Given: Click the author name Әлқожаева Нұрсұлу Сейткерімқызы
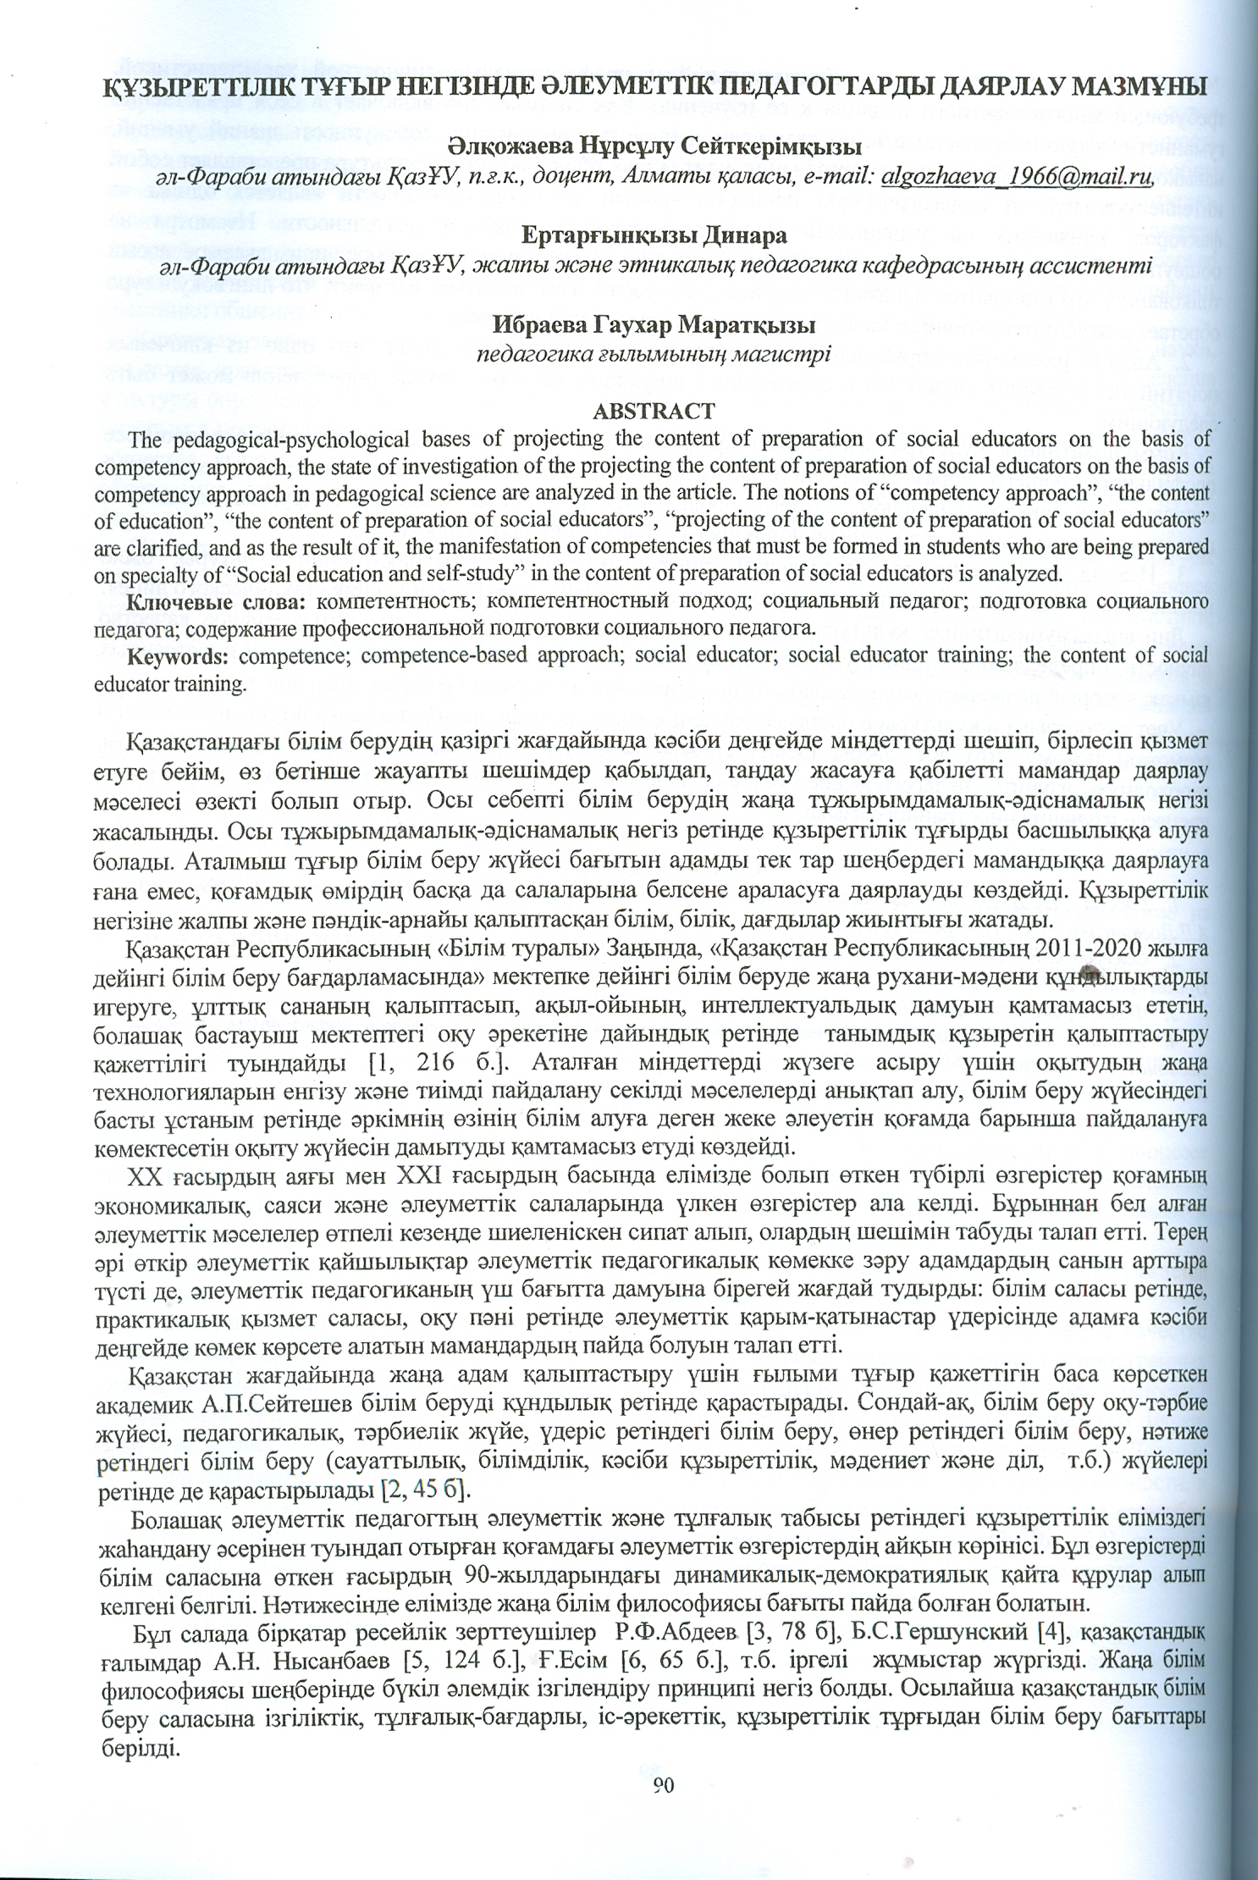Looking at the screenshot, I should point(654,147).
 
